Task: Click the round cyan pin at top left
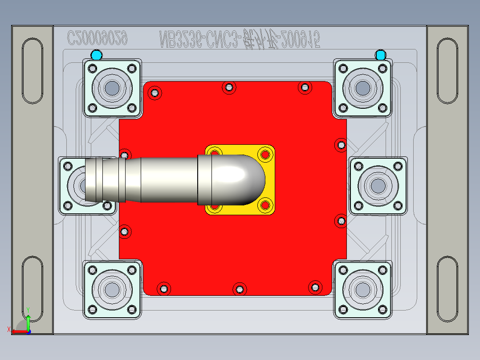coord(96,55)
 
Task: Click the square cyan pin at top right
coord(380,55)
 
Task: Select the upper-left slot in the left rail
coord(32,71)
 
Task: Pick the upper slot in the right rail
coord(447,71)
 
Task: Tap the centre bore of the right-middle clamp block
coord(378,185)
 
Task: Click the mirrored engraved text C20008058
coord(98,39)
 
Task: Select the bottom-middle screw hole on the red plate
coord(240,289)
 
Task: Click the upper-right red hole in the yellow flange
coord(265,155)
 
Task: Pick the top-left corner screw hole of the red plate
coord(155,93)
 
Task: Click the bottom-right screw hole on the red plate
coord(315,287)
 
